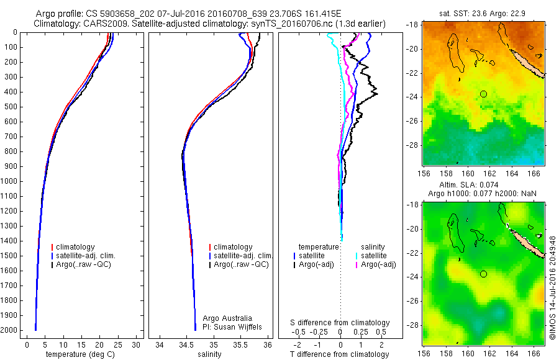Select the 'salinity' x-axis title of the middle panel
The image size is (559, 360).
pyautogui.click(x=207, y=354)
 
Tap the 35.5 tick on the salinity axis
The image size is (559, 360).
pyautogui.click(x=240, y=344)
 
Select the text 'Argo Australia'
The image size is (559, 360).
pyautogui.click(x=227, y=317)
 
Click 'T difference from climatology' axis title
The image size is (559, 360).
pyautogui.click(x=340, y=354)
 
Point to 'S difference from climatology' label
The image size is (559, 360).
pyautogui.click(x=340, y=323)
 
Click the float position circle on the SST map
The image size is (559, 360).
pyautogui.click(x=483, y=94)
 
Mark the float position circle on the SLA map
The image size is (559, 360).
pyautogui.click(x=483, y=274)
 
